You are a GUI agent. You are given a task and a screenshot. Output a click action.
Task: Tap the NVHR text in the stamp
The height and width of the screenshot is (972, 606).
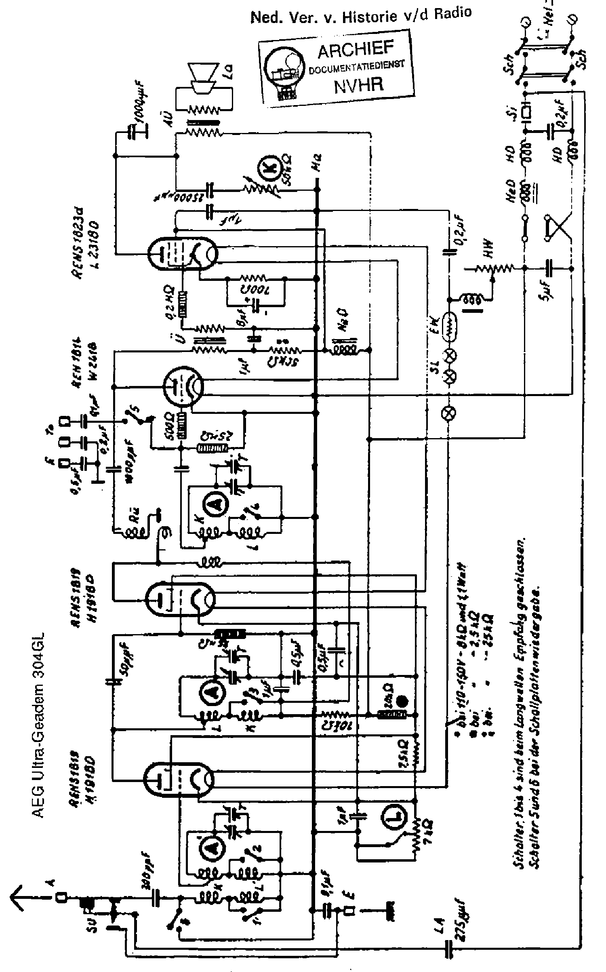pyautogui.click(x=358, y=85)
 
